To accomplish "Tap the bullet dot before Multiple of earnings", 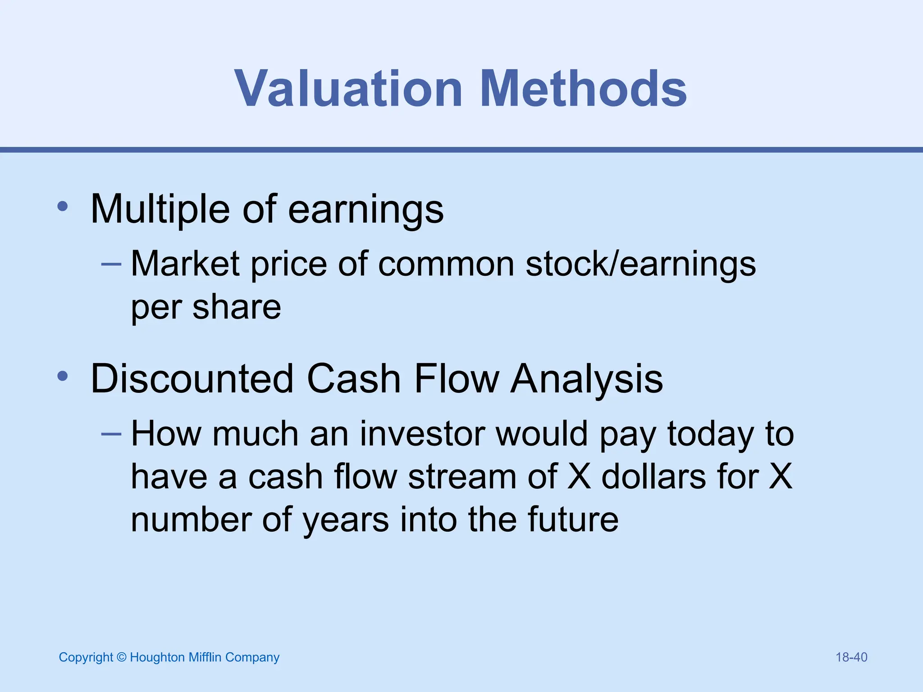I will pos(63,207).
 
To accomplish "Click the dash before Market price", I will pos(111,264).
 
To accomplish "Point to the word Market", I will pos(185,264).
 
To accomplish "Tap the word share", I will pos(237,307).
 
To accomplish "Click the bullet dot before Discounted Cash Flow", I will pos(63,376).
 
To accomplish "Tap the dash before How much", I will pos(111,434).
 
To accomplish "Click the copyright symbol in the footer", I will pos(121,657).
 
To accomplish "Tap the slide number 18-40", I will pos(851,657).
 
